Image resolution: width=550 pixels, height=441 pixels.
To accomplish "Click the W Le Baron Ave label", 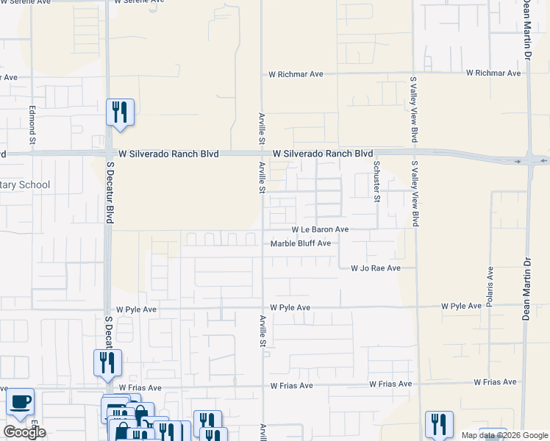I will tap(320, 229).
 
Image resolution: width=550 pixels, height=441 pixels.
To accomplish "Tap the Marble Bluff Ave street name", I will tap(301, 244).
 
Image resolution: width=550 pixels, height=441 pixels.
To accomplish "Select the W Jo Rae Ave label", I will tap(375, 268).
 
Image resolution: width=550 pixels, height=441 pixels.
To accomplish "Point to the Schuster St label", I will tap(376, 182).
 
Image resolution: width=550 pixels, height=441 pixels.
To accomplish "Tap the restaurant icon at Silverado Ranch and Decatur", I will tap(120, 113).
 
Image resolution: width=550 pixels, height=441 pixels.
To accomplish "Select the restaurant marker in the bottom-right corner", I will tap(439, 424).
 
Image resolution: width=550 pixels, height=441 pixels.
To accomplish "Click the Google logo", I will tap(24, 432).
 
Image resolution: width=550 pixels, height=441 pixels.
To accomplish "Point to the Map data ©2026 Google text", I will tap(504, 435).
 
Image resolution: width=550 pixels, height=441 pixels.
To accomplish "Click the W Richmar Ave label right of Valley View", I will tap(493, 73).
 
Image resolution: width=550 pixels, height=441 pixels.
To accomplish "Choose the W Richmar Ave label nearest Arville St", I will tap(296, 74).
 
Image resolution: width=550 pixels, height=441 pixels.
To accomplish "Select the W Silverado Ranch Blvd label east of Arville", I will tap(323, 154).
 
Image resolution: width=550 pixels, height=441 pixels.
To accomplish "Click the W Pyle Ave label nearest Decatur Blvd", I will tap(132, 309).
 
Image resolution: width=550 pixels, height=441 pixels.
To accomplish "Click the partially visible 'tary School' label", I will tap(25, 184).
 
